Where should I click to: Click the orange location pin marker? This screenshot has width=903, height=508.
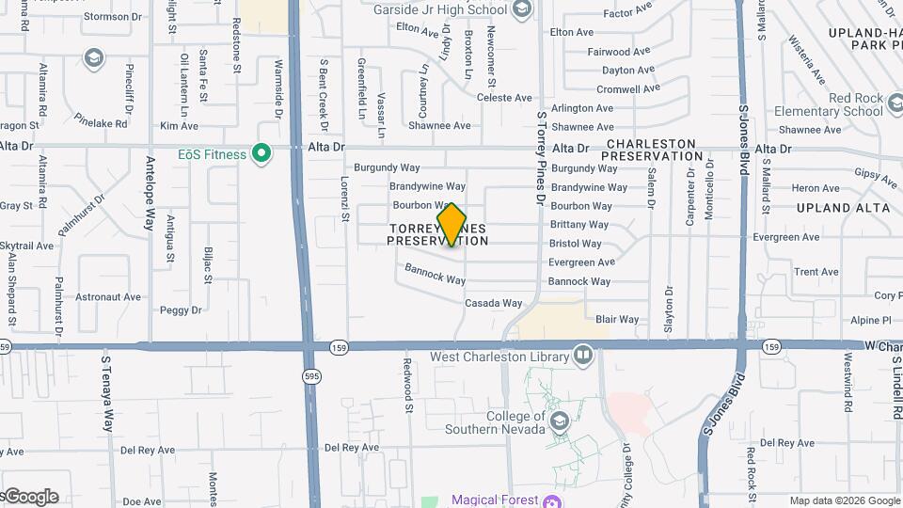click(451, 225)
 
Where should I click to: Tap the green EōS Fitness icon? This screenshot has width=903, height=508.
click(263, 154)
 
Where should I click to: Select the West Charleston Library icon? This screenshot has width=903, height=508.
click(583, 357)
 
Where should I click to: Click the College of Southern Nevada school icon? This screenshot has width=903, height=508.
click(561, 421)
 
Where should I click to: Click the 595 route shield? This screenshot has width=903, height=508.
click(310, 376)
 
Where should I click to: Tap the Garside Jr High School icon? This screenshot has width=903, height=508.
click(522, 10)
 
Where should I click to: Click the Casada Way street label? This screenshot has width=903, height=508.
click(493, 303)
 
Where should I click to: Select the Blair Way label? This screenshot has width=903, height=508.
click(617, 320)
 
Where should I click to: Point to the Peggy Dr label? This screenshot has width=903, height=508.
click(181, 310)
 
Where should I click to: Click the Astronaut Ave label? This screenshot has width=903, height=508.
click(108, 297)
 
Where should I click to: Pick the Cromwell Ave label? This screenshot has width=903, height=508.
click(628, 89)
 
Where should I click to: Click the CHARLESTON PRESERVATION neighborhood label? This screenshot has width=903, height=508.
click(649, 151)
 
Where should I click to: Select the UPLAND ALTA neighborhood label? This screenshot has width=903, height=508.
click(835, 207)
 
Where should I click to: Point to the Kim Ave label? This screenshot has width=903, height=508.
click(179, 126)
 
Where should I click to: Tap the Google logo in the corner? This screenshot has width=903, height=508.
click(30, 497)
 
